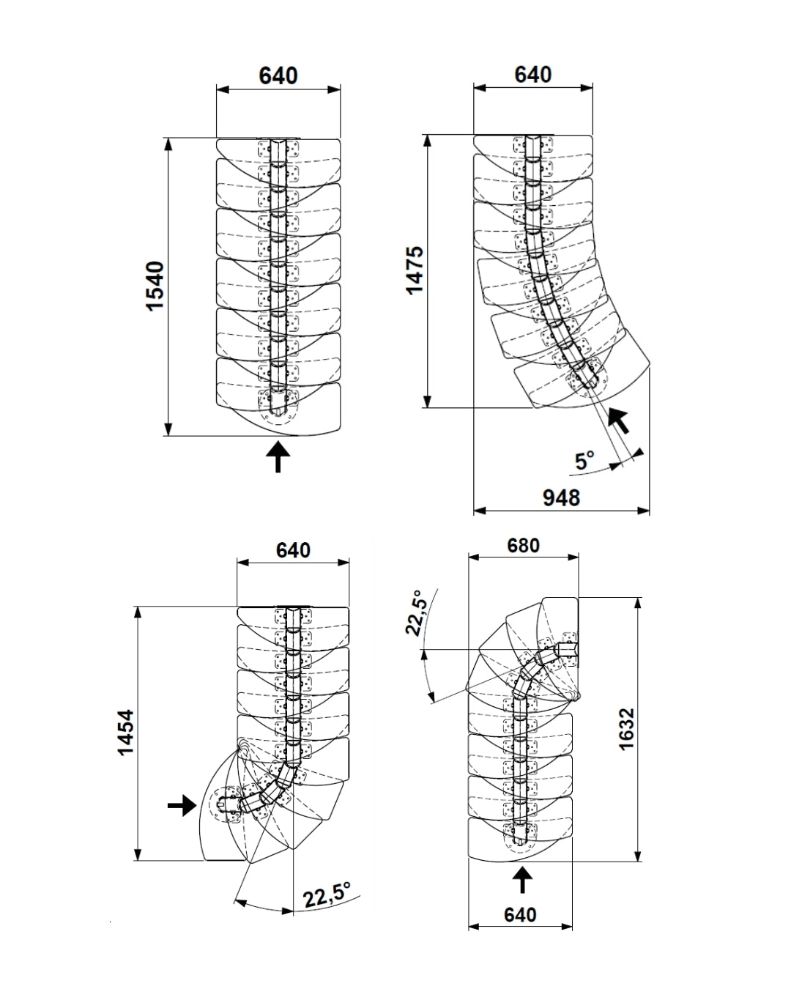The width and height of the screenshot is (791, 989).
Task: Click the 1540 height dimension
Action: (x=156, y=286)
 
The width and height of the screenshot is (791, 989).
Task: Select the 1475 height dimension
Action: (x=415, y=270)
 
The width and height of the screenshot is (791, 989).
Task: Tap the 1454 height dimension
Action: (x=127, y=733)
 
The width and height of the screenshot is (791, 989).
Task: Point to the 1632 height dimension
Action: (x=626, y=728)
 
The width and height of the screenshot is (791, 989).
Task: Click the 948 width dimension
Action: (x=561, y=497)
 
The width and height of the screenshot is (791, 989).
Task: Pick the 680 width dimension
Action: (x=523, y=546)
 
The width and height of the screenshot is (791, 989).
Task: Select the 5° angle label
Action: (x=584, y=461)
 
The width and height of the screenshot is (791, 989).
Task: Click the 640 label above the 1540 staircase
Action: (x=278, y=75)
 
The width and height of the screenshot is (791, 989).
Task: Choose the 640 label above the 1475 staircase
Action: (x=532, y=75)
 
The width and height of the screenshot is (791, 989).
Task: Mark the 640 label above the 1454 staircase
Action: (x=293, y=550)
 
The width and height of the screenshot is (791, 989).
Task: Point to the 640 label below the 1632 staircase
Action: (x=520, y=915)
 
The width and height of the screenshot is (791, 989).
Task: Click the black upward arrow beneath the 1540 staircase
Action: (x=278, y=456)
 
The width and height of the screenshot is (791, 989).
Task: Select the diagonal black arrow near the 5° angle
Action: (x=620, y=421)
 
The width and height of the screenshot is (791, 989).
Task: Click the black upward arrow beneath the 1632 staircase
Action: (x=521, y=879)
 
